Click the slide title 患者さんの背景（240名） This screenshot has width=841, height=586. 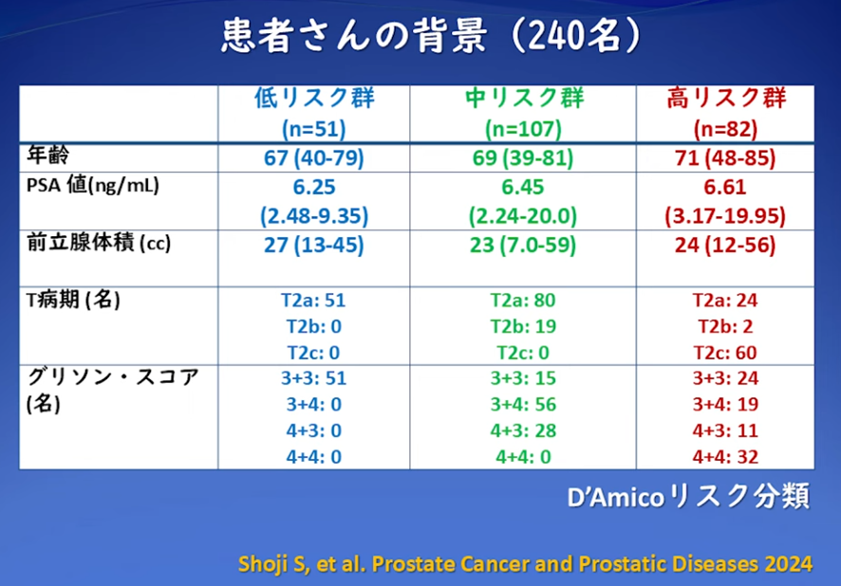431,35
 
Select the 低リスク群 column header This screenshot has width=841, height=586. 314,98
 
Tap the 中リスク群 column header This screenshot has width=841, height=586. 523,98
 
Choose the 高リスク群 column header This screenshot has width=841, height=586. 726,98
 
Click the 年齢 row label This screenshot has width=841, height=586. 48,156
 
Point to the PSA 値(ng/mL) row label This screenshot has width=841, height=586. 93,185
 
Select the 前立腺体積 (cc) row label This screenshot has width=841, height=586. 99,243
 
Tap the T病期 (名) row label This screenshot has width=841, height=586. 73,299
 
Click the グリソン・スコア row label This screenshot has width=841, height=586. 113,377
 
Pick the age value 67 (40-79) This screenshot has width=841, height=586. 314,158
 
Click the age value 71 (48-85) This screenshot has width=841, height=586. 725,158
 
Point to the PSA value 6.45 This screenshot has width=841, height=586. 523,187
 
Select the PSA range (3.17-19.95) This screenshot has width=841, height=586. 725,216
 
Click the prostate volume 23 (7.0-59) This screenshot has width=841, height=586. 523,245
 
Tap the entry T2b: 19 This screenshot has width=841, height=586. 523,326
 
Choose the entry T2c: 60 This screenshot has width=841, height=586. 725,353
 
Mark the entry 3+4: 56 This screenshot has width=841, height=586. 523,404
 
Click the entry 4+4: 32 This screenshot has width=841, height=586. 725,457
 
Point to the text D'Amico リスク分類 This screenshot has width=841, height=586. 688,497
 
